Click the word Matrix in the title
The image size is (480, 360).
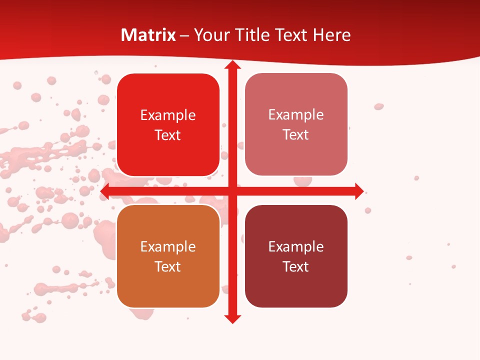pos(148,35)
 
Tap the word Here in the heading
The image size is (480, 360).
pos(331,35)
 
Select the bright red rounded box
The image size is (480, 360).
pos(168,125)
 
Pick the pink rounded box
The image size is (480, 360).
pos(296,124)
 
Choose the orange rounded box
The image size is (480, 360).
pos(168,256)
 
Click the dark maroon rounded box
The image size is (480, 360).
pos(296,256)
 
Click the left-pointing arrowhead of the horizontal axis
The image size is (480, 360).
pos(105,191)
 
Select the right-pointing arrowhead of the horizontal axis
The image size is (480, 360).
pos(359,191)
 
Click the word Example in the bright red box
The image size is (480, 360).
pos(168,115)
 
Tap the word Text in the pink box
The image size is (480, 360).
pos(296,134)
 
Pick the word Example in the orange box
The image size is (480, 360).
pos(168,246)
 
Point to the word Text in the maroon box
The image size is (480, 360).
pos(296,266)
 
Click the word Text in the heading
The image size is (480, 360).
pos(291,35)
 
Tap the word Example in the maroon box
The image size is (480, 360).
pos(296,246)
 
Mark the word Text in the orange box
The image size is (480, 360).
pos(168,266)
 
